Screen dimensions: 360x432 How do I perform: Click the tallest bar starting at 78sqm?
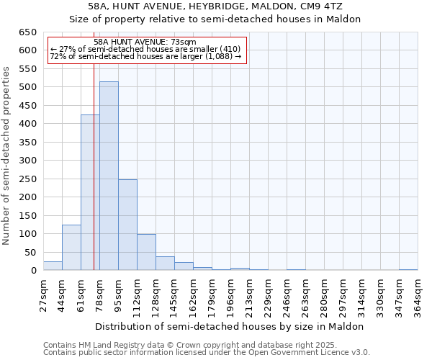pyautogui.click(x=109, y=176)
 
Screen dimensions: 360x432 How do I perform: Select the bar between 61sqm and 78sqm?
pyautogui.click(x=90, y=193)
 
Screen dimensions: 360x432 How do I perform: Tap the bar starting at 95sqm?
pyautogui.click(x=127, y=225)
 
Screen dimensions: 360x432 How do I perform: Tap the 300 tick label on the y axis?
pyautogui.click(x=27, y=161)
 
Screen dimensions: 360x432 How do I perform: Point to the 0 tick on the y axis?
pyautogui.click(x=33, y=271)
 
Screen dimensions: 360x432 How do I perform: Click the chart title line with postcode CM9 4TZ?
pyautogui.click(x=215, y=6)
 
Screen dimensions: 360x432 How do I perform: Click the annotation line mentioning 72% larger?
pyautogui.click(x=145, y=56)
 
